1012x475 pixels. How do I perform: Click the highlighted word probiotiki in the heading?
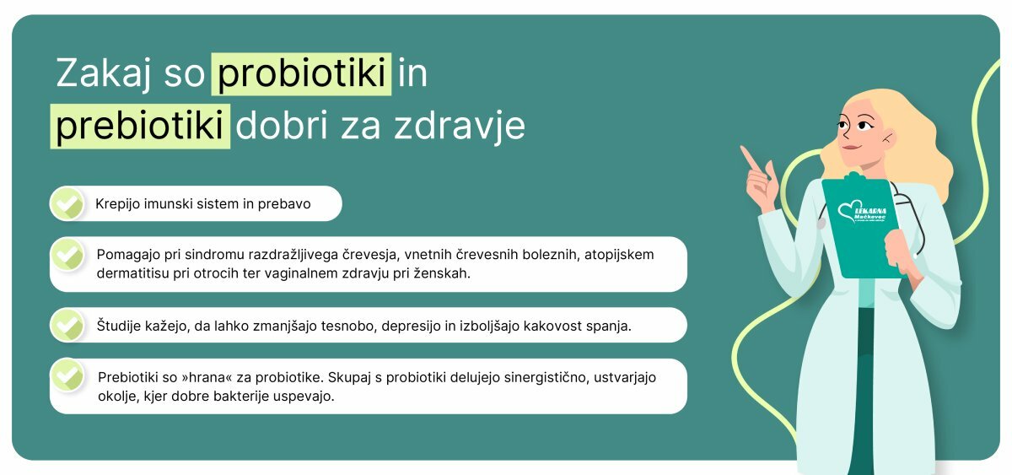[301, 73]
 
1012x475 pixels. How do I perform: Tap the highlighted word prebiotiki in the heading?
[140, 125]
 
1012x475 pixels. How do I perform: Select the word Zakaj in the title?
[103, 74]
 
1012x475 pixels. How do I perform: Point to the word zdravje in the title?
[460, 125]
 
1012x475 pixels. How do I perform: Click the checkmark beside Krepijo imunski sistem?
[67, 204]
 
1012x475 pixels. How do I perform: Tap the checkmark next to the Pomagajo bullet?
[67, 255]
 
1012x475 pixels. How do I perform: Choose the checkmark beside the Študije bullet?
[67, 325]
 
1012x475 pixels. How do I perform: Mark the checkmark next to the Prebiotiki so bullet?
[67, 375]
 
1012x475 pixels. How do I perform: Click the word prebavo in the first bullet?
[284, 204]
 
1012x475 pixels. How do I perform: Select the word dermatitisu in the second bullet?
[133, 273]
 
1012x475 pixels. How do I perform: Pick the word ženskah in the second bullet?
[442, 273]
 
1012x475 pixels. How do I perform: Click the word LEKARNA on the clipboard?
[870, 211]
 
